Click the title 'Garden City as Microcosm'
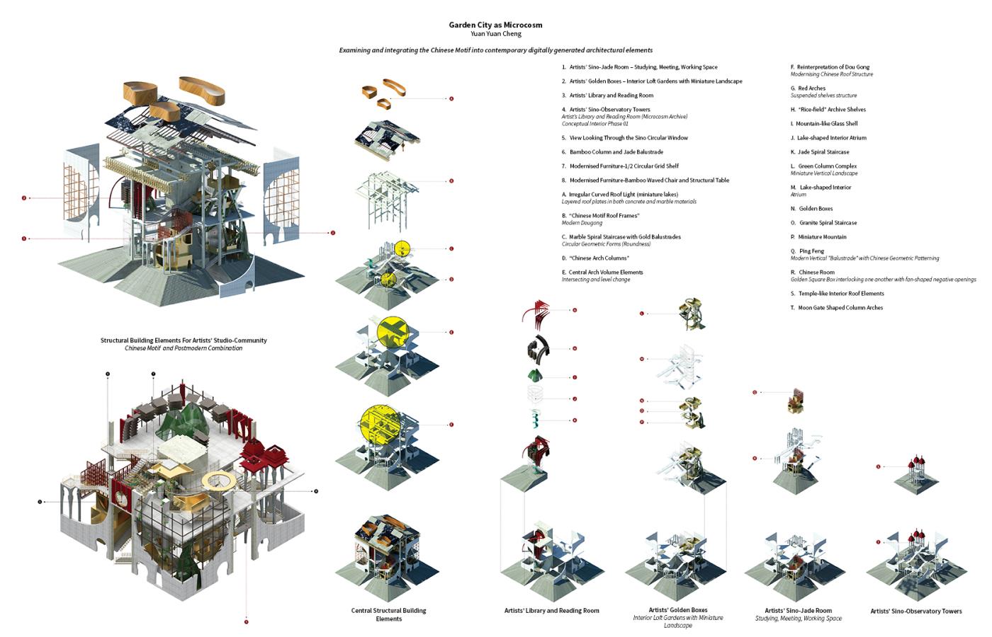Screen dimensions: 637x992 tap(495, 25)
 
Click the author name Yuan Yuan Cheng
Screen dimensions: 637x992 tap(495, 33)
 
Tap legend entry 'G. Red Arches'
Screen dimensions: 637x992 tap(808, 88)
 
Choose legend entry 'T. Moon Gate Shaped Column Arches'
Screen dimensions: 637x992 tap(837, 308)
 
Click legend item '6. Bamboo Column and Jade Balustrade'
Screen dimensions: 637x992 tap(613, 152)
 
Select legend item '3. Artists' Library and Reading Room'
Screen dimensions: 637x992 tap(608, 96)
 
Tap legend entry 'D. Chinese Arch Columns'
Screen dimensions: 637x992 tap(595, 258)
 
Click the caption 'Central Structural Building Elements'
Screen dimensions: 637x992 tap(388, 614)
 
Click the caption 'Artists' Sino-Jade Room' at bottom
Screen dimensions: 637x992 tap(798, 610)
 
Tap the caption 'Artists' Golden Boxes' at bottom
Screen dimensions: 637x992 tap(677, 610)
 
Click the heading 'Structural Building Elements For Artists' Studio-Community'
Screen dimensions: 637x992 tap(184, 340)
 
